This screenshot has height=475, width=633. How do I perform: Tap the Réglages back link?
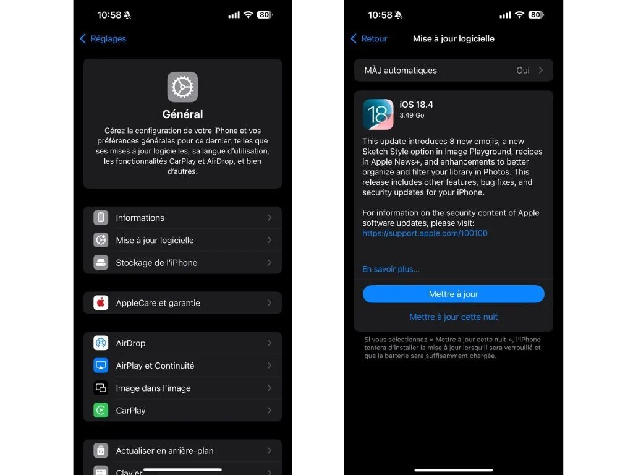point(103,39)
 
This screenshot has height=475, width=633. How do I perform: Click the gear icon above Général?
point(182,87)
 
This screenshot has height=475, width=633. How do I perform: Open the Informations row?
point(140,218)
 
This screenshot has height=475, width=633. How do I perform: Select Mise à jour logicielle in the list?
point(155,241)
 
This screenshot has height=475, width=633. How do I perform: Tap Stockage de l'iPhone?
point(156,263)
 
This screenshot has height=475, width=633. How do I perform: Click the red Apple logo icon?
point(101,302)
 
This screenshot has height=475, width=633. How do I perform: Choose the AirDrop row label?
point(130,343)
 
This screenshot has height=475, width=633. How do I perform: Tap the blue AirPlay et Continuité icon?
point(101,366)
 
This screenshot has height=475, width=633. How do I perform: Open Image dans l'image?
point(153,388)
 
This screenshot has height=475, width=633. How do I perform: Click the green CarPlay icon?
point(101,411)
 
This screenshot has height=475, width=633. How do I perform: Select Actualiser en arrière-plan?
point(164,451)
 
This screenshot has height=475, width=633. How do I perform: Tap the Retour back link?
point(369,39)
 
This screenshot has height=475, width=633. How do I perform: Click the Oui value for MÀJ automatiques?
point(523,71)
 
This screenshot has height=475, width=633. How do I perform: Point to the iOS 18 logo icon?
point(378,114)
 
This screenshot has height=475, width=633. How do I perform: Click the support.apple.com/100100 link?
point(425,233)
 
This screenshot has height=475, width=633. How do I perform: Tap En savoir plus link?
point(391,269)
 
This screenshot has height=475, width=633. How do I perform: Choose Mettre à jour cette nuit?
point(453,317)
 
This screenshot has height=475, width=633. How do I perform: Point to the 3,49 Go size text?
point(412,115)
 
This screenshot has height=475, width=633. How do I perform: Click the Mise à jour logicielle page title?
point(453,39)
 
